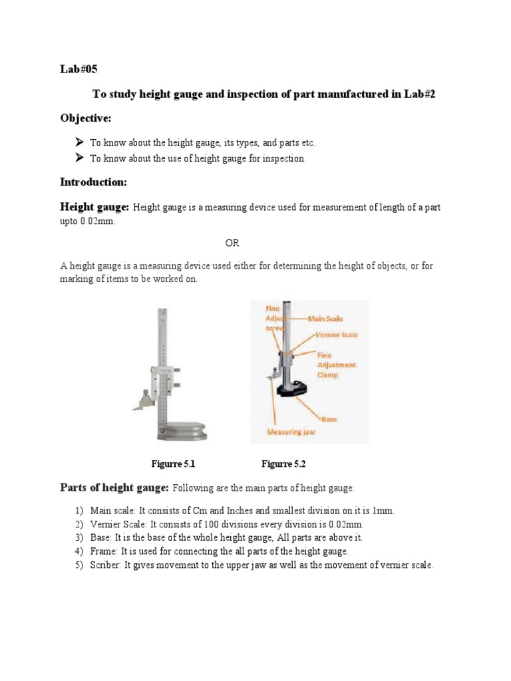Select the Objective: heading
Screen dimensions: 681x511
pyautogui.click(x=86, y=118)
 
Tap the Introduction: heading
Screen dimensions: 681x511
pyautogui.click(x=93, y=182)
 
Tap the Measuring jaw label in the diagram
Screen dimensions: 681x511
pyautogui.click(x=291, y=432)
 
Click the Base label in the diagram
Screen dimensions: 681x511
pyautogui.click(x=329, y=420)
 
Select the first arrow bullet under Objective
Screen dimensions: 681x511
pyautogui.click(x=79, y=142)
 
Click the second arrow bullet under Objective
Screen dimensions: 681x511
pyautogui.click(x=79, y=158)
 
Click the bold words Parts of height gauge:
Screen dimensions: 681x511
pyautogui.click(x=114, y=487)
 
